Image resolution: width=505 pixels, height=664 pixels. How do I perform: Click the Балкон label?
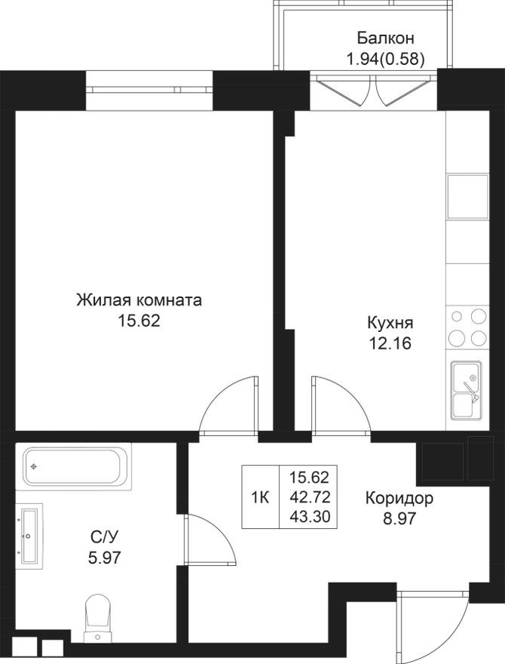coord(385,38)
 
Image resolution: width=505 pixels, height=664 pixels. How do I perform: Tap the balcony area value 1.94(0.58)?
coord(385,57)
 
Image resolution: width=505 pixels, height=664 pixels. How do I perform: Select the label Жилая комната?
coord(139,300)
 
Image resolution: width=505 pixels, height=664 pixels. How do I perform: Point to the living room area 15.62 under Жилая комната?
coord(139,321)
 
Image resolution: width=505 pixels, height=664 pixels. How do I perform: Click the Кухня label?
coord(390,323)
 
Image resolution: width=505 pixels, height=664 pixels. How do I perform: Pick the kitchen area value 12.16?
coord(390,343)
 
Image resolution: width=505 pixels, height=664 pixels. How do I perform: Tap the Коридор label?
coord(399,499)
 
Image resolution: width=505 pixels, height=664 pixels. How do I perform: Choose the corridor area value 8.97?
coord(399,518)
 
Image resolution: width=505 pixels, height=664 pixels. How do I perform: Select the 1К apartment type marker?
coord(260,497)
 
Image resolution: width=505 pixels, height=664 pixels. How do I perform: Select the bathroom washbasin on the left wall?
coord(31,536)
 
